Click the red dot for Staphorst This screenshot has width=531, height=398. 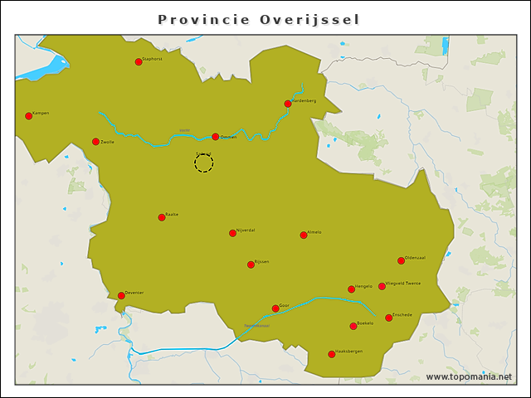(139, 61)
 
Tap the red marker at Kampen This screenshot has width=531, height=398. (29, 116)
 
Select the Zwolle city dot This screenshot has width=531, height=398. (96, 142)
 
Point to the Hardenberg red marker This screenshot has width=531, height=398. (288, 104)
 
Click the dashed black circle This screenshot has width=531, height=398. (204, 163)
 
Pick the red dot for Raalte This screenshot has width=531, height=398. (162, 217)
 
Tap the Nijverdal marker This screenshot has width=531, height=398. (233, 233)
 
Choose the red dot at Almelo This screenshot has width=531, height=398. (304, 235)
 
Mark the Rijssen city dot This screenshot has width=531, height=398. (251, 265)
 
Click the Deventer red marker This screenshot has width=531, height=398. (121, 295)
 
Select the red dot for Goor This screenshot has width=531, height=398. (275, 308)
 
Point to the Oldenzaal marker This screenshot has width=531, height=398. (401, 260)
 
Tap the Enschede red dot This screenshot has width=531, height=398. (388, 318)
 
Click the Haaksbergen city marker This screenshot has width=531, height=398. (332, 354)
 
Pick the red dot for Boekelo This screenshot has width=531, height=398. (353, 326)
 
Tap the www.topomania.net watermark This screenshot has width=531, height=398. (469, 377)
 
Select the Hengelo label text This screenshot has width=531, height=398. (364, 286)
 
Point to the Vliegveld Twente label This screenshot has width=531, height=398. (404, 284)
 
